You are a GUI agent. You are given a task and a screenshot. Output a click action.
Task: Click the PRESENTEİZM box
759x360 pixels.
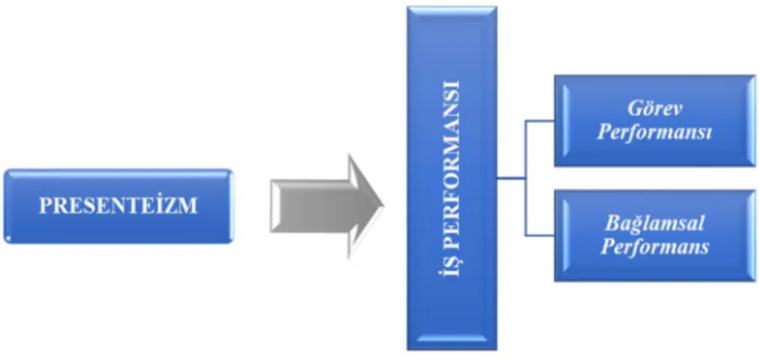[x=118, y=206]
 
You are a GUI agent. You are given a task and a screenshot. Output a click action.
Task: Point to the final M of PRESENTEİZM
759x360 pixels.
[x=190, y=206]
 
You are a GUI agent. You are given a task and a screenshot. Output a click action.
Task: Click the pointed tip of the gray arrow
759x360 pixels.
[x=383, y=206]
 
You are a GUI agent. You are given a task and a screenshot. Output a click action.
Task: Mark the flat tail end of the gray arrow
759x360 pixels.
[x=271, y=206]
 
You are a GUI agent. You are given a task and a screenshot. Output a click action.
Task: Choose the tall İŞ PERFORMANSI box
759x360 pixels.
[x=452, y=178]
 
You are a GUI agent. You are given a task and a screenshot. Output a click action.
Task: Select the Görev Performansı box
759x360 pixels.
[x=655, y=121]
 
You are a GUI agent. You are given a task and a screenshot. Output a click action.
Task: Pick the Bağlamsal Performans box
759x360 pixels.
[x=655, y=235]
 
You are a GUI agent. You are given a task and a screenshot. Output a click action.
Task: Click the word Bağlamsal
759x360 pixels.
[x=655, y=224]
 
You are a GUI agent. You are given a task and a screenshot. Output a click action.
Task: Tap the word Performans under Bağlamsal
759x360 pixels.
[x=655, y=247]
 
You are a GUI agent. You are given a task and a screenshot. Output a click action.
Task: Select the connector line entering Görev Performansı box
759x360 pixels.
[x=540, y=121]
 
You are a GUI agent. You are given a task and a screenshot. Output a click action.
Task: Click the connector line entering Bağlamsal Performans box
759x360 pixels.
[x=540, y=236]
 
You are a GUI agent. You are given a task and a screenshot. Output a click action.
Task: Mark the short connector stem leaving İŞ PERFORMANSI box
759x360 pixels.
[x=512, y=178]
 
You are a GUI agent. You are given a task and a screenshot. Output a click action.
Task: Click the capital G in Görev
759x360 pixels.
[x=635, y=108]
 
